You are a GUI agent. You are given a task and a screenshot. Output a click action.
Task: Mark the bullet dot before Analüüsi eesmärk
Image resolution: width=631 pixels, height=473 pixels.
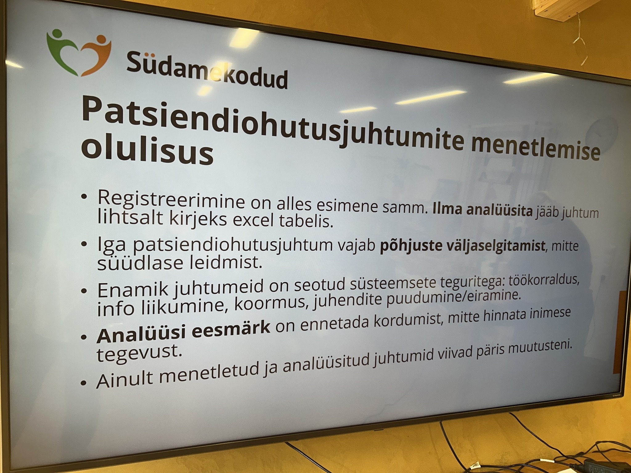[83, 338]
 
